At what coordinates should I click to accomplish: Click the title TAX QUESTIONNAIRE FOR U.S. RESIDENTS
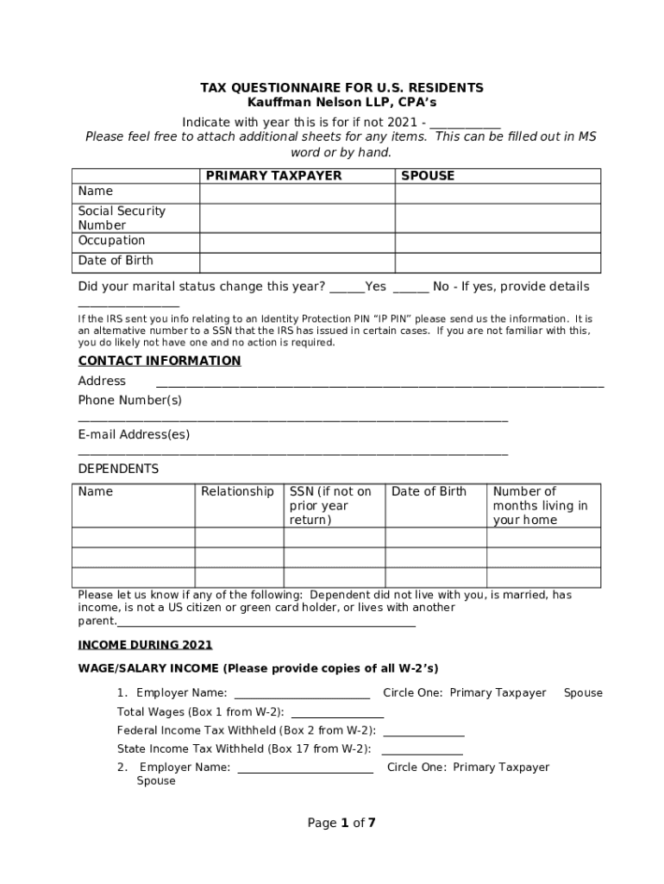tap(341, 88)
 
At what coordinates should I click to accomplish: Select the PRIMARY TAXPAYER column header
tap(273, 175)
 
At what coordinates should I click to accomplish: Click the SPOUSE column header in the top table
tap(428, 175)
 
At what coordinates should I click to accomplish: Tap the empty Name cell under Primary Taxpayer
tap(297, 193)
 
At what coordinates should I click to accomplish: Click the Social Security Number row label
tap(122, 218)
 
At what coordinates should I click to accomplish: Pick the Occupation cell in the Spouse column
tap(498, 242)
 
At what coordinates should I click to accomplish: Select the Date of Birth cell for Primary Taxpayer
tap(297, 262)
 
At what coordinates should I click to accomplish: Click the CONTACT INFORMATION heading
tap(160, 361)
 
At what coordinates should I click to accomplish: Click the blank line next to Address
tap(379, 383)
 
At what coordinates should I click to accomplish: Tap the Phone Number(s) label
tap(130, 401)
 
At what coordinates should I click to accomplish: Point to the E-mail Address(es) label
tap(134, 434)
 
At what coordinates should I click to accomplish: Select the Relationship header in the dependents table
tap(237, 491)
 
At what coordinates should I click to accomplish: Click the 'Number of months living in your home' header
tap(540, 505)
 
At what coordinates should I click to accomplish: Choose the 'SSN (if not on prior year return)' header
tap(330, 505)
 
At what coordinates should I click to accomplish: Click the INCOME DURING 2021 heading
tap(145, 645)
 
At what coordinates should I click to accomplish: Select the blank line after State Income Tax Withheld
tap(422, 751)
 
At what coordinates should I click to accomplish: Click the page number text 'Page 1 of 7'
tap(341, 823)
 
